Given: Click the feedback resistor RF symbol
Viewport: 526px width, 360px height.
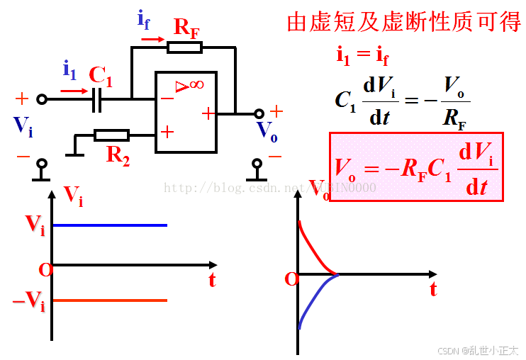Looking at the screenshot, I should [185, 47].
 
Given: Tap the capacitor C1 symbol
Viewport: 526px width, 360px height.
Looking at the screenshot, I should [98, 99].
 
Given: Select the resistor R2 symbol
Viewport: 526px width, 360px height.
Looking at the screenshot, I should [112, 135].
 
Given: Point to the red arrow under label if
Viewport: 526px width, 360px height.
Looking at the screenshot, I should [151, 39].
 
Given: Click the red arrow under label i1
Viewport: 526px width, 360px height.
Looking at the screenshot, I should [74, 90].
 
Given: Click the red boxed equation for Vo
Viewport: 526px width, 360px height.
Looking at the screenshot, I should [415, 167].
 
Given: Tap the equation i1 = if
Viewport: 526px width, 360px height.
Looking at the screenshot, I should [362, 55].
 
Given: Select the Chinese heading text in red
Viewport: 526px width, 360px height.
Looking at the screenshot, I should [404, 22].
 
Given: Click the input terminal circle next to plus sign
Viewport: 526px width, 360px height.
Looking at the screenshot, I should [42, 99].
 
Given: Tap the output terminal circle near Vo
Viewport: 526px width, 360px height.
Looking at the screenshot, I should [259, 113].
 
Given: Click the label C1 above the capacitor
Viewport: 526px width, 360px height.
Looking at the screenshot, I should [101, 74].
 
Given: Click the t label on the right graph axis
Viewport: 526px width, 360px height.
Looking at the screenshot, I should [433, 290].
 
